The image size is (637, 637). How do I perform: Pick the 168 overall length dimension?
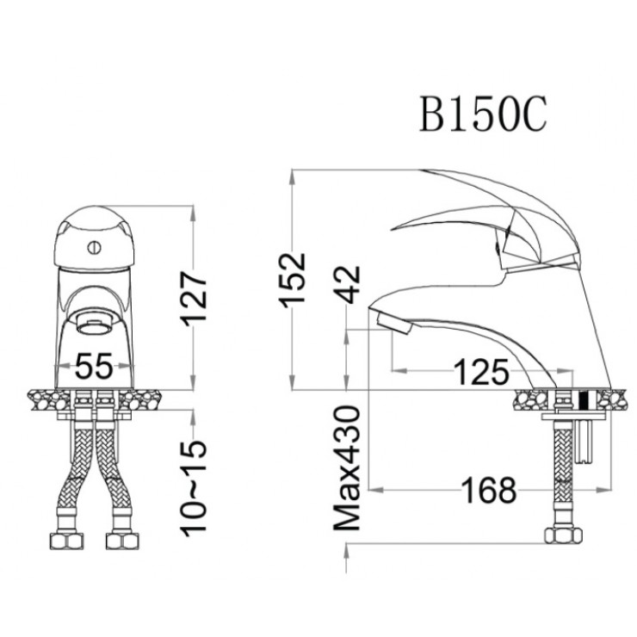488,491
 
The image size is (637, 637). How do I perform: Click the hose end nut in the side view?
561,535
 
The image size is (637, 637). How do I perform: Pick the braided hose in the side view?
562,469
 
